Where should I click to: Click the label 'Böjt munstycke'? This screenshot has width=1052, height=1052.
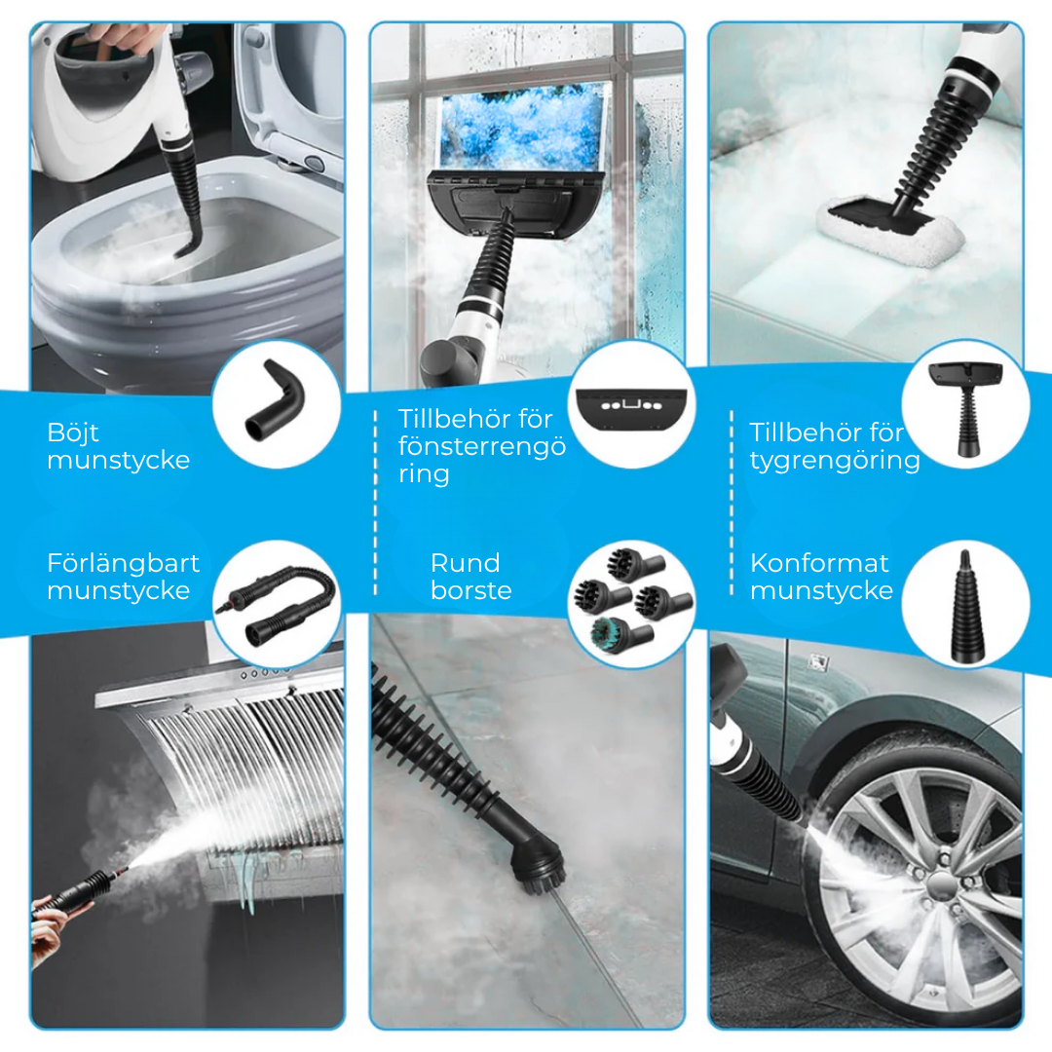118,446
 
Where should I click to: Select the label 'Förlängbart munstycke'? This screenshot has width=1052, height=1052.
123,577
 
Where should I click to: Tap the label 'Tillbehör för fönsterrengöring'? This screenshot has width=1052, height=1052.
481,446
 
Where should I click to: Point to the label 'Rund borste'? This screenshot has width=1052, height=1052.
470,577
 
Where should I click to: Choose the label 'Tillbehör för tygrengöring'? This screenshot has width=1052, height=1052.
834,446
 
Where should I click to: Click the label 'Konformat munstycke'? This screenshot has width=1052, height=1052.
820,577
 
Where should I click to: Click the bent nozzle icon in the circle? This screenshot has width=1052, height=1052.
276,402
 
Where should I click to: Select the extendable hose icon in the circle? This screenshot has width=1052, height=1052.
278,603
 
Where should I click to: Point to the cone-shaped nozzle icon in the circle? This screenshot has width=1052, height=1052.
963,604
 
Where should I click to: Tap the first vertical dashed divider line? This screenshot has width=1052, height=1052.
375,502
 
